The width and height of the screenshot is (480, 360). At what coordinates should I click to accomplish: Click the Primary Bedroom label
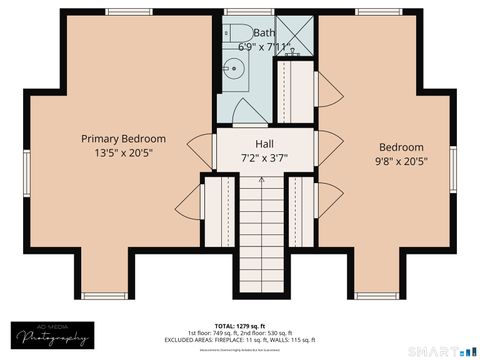pos(123,138)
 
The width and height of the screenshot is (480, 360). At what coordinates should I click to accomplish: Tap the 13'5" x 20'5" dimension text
pos(123,154)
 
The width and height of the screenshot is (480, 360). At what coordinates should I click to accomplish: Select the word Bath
pos(264,32)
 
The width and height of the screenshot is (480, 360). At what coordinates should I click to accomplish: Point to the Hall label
pos(264,143)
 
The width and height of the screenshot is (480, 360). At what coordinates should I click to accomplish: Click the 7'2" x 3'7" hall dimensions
pos(264,158)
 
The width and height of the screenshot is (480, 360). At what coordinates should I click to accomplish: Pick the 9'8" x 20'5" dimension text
pos(400,162)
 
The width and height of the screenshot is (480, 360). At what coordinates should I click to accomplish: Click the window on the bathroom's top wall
pos(236,10)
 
